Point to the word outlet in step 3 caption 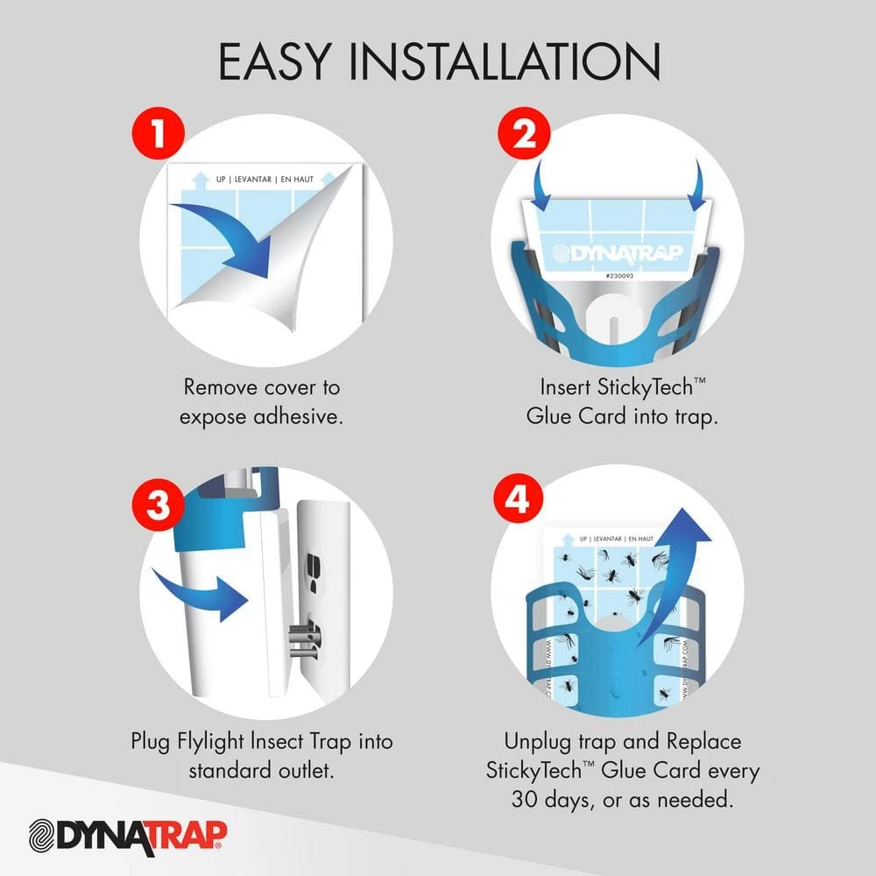[308, 772]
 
